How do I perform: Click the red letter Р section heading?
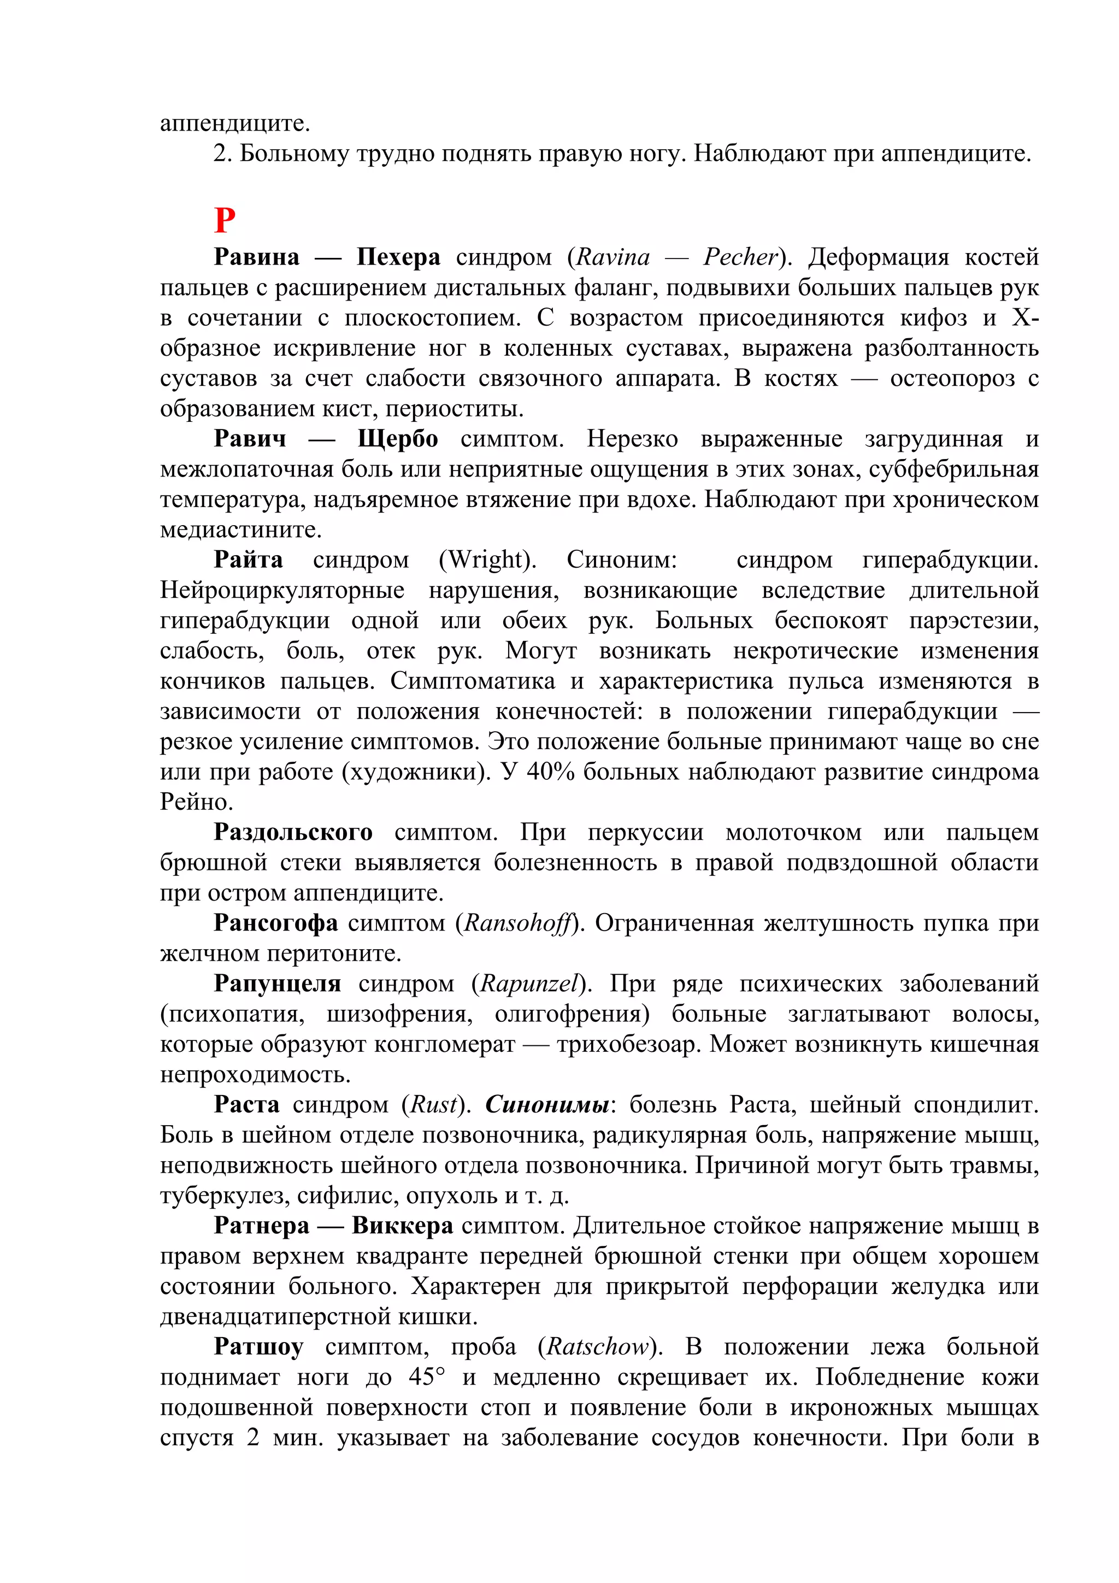(x=225, y=221)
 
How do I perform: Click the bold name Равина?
(x=256, y=257)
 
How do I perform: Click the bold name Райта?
(x=248, y=559)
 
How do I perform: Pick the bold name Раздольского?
(x=293, y=832)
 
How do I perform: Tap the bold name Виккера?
(x=402, y=1226)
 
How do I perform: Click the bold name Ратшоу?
(x=258, y=1346)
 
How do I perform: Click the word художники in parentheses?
(x=414, y=772)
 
